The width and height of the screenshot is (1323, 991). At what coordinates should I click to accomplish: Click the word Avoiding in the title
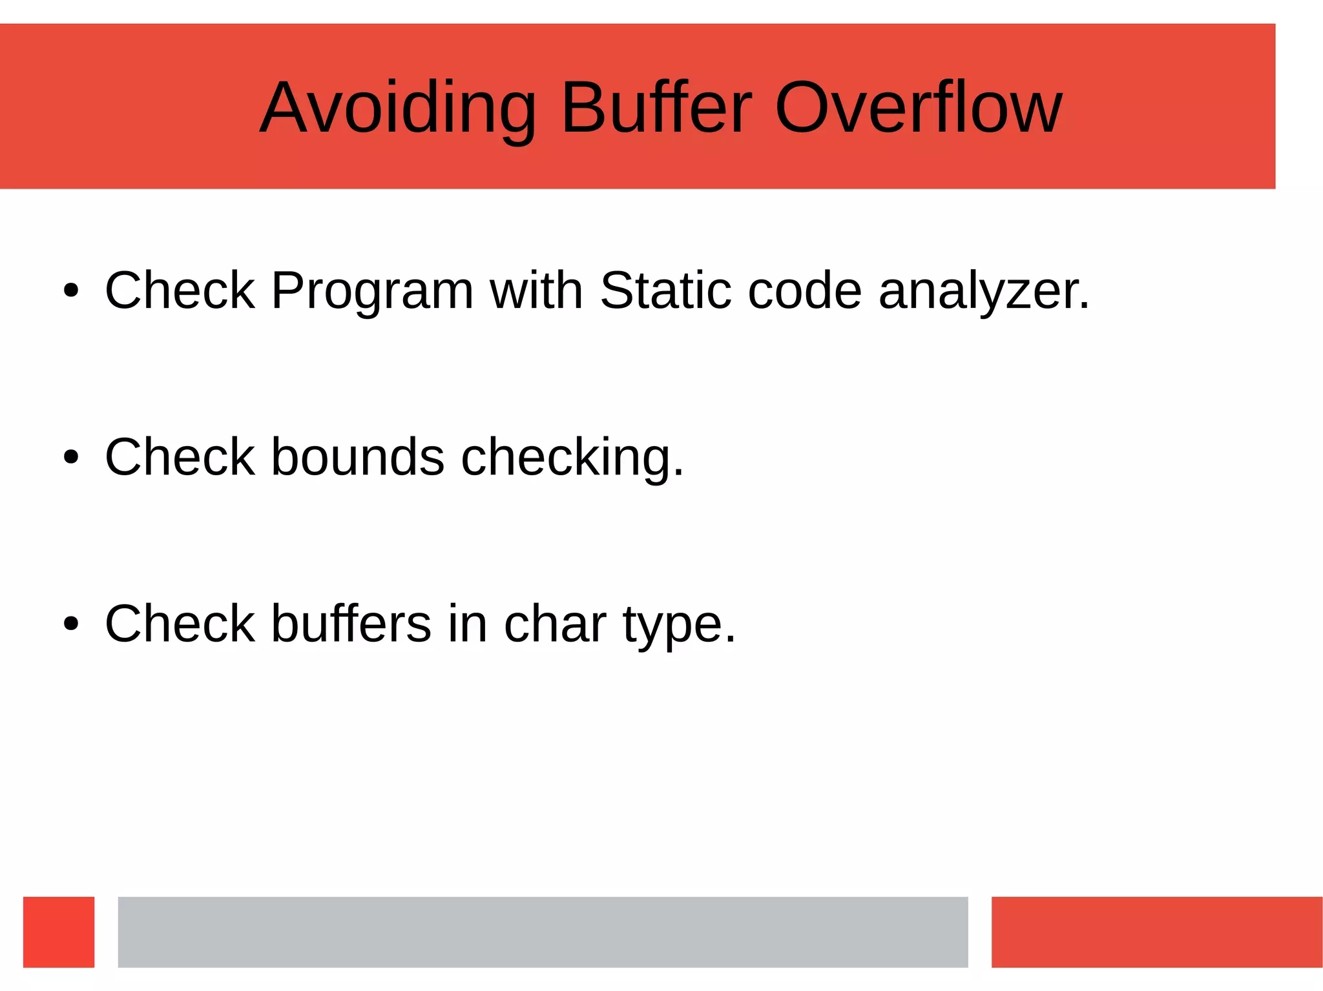point(397,108)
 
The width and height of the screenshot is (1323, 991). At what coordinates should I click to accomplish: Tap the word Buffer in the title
point(656,108)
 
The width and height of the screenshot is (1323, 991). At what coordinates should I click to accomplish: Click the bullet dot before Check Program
point(71,291)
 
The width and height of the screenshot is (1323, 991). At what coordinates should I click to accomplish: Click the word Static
point(665,291)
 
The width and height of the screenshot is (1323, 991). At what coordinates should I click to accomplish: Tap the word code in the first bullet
point(804,291)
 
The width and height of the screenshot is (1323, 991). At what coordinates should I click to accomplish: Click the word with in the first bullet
point(536,291)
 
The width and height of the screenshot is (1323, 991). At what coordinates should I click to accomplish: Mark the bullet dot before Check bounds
point(71,458)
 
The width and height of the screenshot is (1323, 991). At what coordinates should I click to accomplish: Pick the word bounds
point(357,457)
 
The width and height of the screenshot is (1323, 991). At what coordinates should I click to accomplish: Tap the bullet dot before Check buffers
point(71,624)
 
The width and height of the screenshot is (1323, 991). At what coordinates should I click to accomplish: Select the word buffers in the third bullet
point(351,624)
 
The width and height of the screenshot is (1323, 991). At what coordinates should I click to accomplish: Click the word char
point(554,624)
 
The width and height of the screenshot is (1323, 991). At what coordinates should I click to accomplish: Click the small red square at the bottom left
point(59,932)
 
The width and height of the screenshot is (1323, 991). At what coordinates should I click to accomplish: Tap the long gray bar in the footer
point(543,932)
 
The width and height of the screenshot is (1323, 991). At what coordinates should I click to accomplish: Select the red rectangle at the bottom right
point(1156,932)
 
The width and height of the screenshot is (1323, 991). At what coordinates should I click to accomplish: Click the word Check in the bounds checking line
point(180,457)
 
